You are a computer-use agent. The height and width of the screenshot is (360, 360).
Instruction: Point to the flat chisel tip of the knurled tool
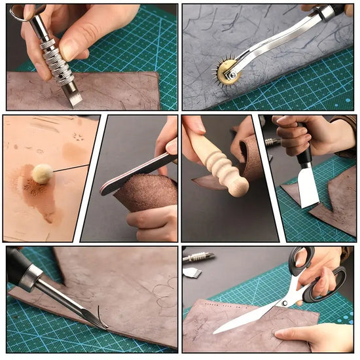[x=76, y=98]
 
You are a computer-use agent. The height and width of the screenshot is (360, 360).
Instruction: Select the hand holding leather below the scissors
[x=314, y=337]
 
